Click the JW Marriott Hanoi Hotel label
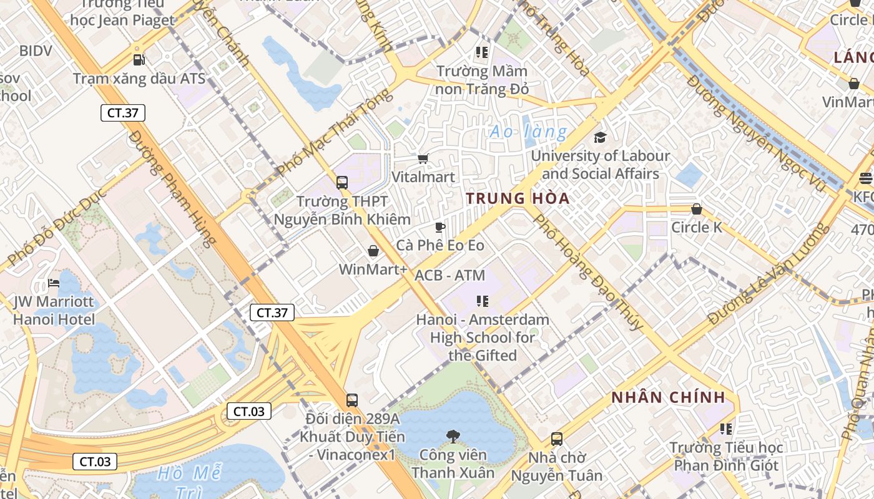(54, 311)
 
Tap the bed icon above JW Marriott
(54, 284)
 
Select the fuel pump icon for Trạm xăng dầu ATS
(139, 60)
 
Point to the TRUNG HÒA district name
(518, 198)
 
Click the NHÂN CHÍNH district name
(668, 397)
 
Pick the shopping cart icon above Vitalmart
(423, 159)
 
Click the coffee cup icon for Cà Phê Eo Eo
(439, 227)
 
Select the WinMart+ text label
(373, 269)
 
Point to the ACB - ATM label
(449, 275)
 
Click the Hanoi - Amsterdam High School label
(483, 337)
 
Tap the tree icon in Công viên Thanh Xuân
(453, 436)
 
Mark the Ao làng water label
(528, 132)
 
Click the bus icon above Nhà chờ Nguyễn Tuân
(556, 439)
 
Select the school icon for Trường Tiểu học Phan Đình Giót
(725, 429)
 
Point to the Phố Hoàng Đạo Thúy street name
(587, 272)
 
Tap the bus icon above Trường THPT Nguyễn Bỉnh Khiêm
(342, 183)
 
